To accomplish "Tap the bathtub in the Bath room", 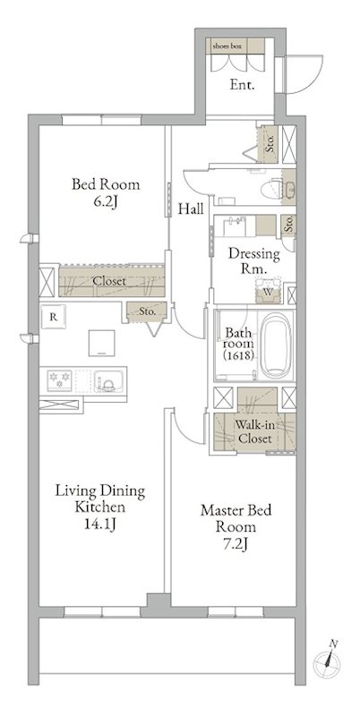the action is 276,345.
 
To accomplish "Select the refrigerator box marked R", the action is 54,317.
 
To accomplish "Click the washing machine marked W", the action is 267,290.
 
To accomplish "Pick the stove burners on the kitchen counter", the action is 60,380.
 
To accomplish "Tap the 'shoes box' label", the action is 227,47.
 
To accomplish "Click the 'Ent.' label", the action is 242,85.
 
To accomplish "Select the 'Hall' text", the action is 191,209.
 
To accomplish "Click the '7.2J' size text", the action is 236,544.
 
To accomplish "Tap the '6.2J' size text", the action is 106,202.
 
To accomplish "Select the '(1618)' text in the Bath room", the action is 238,356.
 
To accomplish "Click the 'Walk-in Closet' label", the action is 255,432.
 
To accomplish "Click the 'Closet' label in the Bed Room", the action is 109,281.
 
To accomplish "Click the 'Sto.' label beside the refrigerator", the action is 147,312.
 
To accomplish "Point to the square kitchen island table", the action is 102,343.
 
